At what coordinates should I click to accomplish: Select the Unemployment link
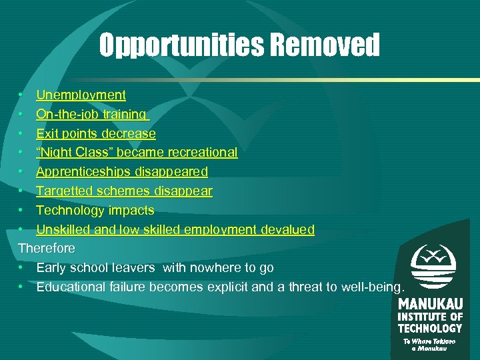point(81,95)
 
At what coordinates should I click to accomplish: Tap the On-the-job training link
point(91,115)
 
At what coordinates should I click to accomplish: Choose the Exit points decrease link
point(96,134)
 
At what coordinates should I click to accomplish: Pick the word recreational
point(204,153)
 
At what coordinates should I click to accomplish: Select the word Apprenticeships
point(84,172)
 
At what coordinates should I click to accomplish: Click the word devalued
point(287,230)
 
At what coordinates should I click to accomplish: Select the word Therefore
point(47,249)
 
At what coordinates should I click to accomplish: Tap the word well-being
point(372,287)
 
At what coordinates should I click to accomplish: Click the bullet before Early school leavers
point(22,268)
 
